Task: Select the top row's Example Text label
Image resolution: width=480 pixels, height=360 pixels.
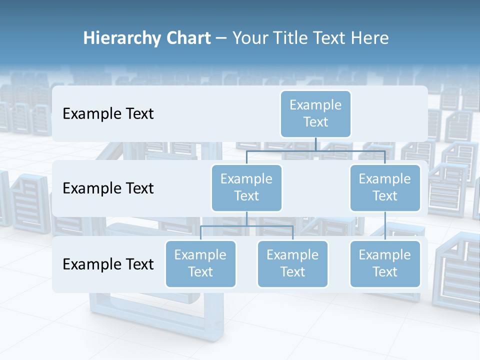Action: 108,114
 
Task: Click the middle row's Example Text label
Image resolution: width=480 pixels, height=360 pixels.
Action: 108,188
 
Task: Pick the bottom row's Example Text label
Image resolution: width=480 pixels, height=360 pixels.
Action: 108,264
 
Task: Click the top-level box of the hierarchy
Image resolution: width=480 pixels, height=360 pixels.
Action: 315,113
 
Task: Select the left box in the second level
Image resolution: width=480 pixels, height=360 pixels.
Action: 246,187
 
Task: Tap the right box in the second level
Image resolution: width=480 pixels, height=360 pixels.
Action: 385,187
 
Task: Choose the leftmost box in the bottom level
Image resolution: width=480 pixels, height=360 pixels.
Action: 200,263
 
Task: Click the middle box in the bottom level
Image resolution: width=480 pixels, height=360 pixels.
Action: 292,263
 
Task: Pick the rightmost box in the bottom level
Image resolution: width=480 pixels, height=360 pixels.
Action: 385,263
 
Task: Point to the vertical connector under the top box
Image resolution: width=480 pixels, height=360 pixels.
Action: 315,144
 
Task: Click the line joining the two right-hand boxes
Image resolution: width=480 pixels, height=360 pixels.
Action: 385,226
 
